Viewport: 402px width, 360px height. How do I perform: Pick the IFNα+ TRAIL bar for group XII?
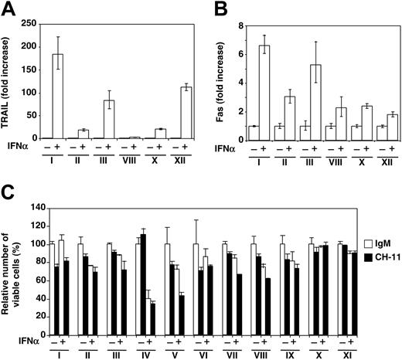(x=186, y=113)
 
